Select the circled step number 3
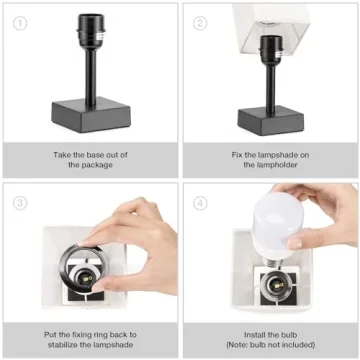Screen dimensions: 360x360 click(x=18, y=201)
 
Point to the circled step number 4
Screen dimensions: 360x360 click(x=200, y=201)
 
